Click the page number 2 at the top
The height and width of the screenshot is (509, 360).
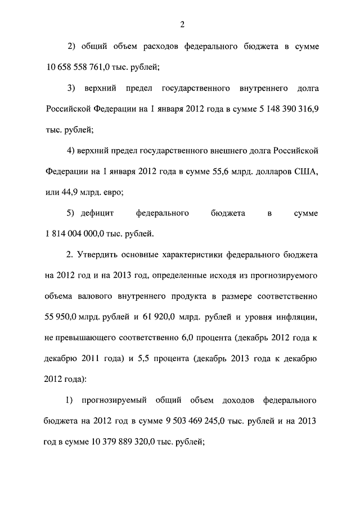pyautogui.click(x=182, y=24)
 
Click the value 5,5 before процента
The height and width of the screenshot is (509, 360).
pyautogui.click(x=145, y=357)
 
